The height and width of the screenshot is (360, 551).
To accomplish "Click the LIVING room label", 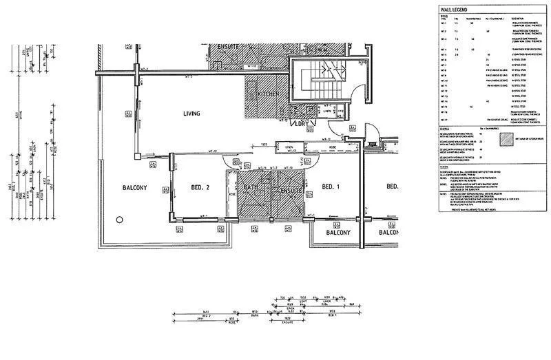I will (x=191, y=114).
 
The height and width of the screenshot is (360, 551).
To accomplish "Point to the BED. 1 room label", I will (x=331, y=187).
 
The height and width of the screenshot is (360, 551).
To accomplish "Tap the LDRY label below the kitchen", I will (x=299, y=124).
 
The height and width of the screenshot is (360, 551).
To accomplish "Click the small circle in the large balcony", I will (x=120, y=220).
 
